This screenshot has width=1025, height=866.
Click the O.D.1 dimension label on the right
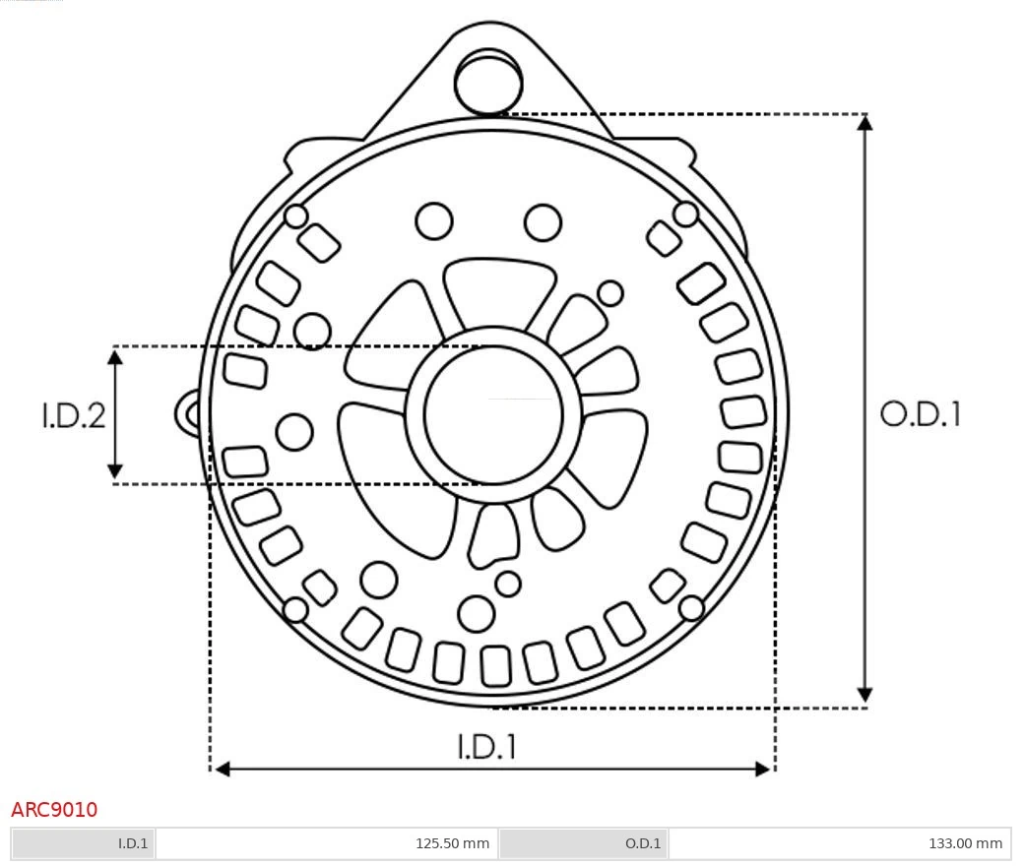(920, 414)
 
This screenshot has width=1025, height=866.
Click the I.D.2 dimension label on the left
(73, 415)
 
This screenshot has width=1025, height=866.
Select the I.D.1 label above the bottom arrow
(486, 747)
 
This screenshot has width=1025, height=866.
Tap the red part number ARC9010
(54, 810)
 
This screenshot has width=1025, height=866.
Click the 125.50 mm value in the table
(452, 843)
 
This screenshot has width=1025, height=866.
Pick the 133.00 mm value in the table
(965, 843)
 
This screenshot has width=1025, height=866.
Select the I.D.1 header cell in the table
(132, 843)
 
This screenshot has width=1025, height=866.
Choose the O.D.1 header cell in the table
(642, 843)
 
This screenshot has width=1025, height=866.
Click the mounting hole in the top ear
(487, 82)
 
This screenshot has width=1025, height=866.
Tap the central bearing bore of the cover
(493, 416)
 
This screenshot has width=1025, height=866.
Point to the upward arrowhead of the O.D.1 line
(865, 123)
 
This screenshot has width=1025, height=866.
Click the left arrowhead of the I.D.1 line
(223, 769)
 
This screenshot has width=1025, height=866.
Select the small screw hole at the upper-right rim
(686, 214)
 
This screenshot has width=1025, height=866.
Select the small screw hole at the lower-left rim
(295, 610)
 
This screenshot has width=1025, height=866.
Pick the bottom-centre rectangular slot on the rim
(495, 666)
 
